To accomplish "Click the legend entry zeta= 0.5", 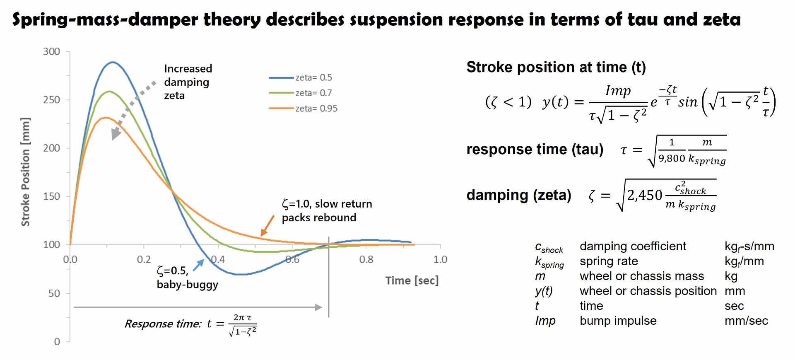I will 313,77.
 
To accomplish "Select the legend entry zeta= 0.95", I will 316,109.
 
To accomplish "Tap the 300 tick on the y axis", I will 51,51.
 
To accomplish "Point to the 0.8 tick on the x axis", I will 366,260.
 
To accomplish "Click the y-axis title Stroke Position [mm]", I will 26,172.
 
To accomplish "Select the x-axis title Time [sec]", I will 412,280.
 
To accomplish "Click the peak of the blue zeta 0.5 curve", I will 112,63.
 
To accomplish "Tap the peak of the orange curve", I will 106,118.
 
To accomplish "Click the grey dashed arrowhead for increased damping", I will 116,134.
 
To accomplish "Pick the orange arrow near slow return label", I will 267,226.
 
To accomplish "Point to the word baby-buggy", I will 187,285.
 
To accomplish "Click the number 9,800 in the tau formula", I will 672,158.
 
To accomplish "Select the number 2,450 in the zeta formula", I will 644,195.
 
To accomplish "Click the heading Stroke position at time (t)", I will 556,67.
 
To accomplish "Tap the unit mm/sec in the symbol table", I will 746,321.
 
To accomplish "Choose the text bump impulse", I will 618,321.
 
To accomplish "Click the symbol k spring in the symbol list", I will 549,262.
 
